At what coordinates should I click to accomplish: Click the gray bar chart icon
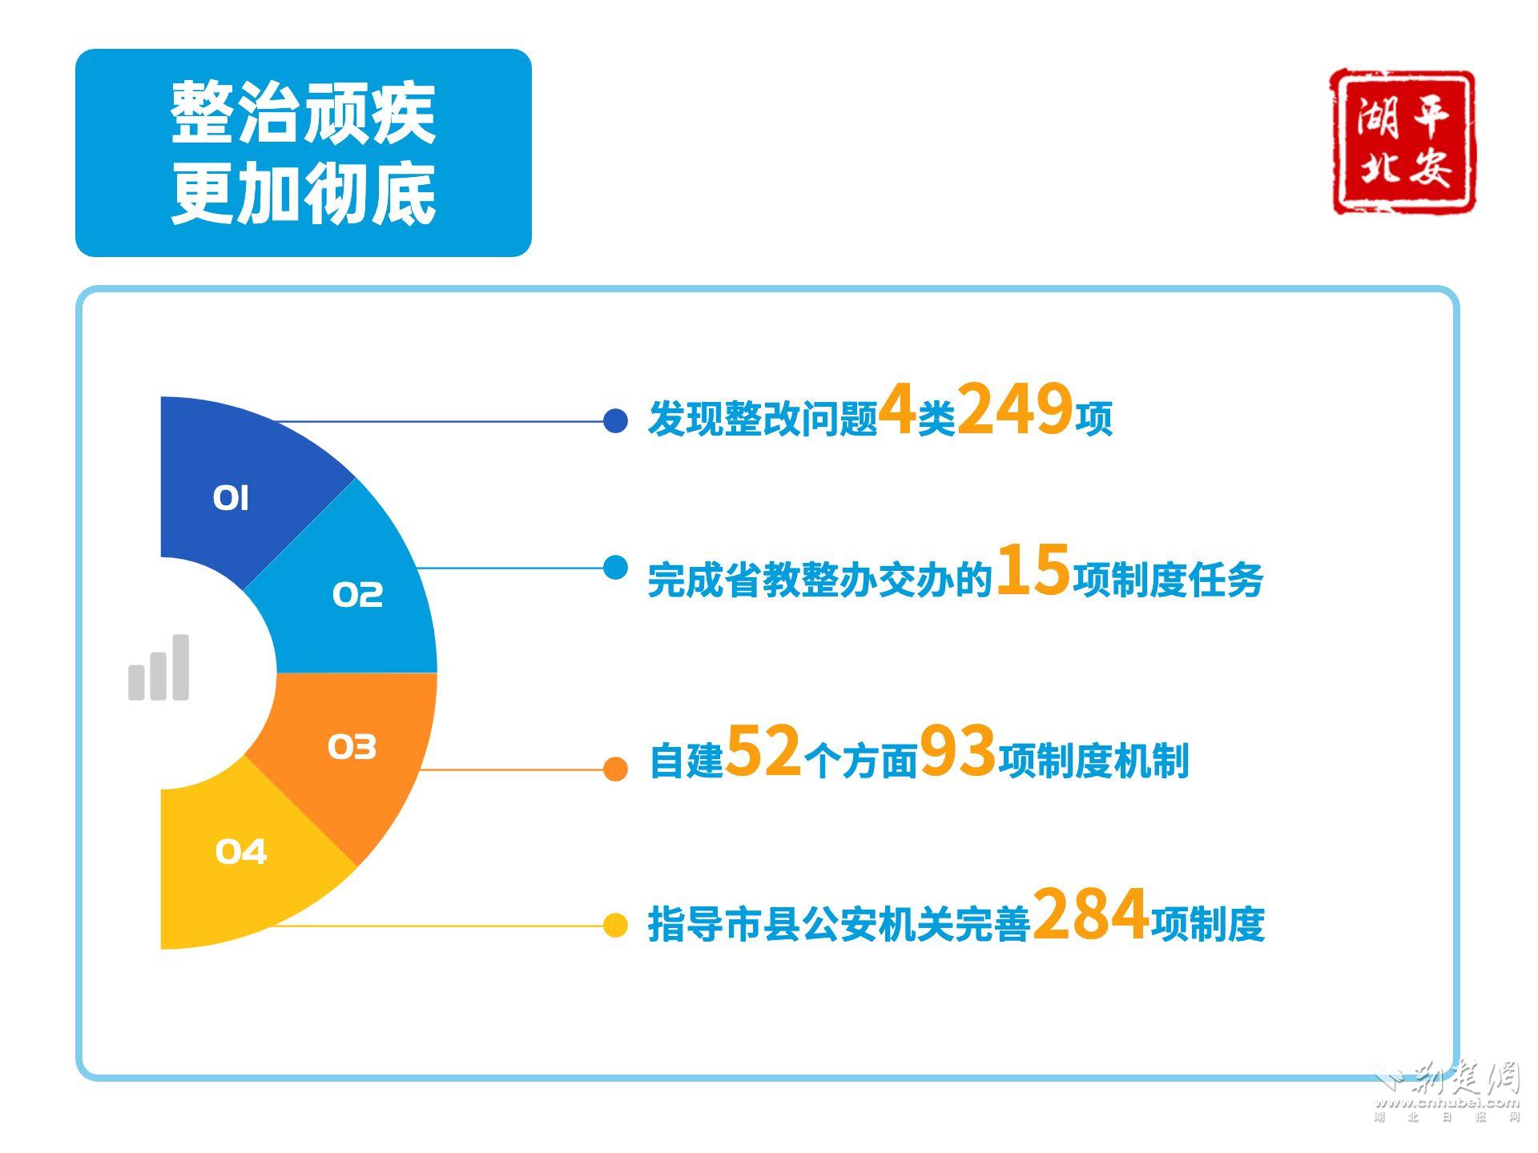(x=159, y=668)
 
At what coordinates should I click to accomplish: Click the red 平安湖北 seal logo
(x=1403, y=142)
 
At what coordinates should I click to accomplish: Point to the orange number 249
(x=1015, y=409)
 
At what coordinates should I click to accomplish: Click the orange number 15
(x=1033, y=569)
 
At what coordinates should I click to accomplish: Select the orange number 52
(x=763, y=750)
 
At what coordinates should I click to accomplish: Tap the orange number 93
(x=957, y=750)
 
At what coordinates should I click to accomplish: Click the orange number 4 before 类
(x=897, y=409)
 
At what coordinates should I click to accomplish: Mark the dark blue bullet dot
(x=615, y=420)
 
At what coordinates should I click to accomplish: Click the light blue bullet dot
(x=615, y=568)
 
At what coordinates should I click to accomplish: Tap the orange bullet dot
(x=615, y=769)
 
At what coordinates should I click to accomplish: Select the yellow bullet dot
(x=615, y=926)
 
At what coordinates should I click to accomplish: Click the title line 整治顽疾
(x=304, y=113)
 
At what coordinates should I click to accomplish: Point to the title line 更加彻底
(x=304, y=194)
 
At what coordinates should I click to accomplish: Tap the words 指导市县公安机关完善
(x=839, y=925)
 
